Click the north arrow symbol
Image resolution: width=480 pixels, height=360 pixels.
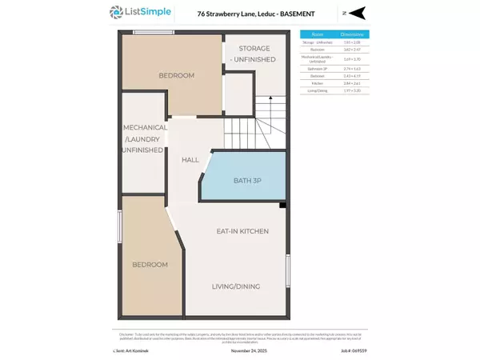[355, 13]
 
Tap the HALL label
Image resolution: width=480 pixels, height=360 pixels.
[190, 160]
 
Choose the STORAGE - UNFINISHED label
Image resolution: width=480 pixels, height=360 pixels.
[254, 54]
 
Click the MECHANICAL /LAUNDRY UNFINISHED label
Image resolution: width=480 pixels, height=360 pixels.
[144, 138]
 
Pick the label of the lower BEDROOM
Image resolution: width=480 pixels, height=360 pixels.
[150, 264]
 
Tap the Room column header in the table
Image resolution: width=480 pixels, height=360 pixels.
[318, 35]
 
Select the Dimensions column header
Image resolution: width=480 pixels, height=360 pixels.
[353, 35]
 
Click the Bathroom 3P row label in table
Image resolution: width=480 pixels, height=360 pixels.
[318, 70]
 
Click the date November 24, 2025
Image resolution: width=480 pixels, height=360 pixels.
[242, 350]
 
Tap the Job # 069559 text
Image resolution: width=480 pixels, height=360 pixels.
[355, 350]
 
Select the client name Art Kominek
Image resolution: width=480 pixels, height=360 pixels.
[130, 350]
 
